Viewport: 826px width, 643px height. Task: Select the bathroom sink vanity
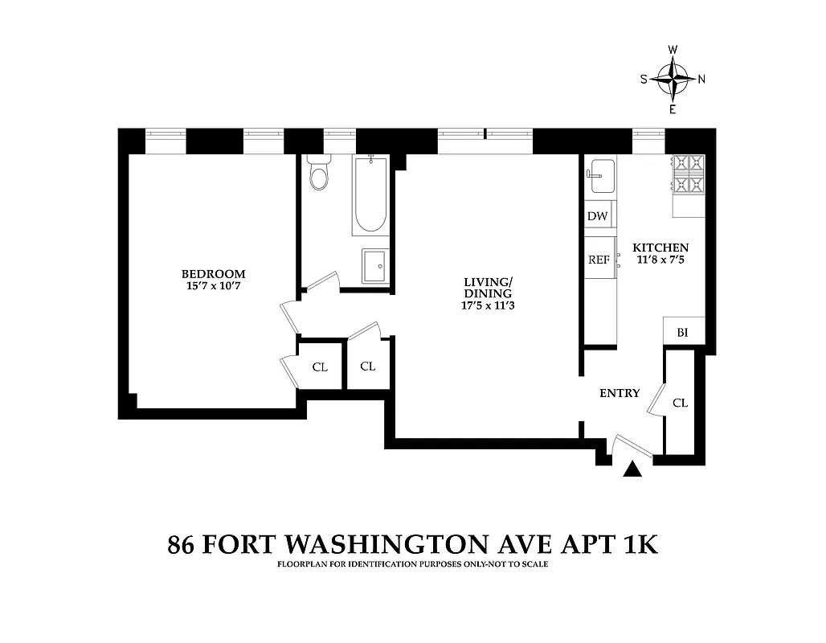coord(374,266)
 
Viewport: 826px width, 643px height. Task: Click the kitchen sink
coord(600,176)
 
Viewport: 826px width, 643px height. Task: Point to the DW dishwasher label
coord(597,216)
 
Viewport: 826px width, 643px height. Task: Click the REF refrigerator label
coord(599,260)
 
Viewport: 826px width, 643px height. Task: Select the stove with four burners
coord(689,174)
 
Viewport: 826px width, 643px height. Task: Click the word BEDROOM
coord(213,273)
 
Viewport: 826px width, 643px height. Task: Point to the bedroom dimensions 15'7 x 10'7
coord(213,285)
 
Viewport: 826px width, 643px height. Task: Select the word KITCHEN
coord(660,248)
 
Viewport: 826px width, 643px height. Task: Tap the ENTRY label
coord(620,393)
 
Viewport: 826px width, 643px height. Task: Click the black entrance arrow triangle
coord(633,470)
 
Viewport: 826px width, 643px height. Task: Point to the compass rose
coord(673,78)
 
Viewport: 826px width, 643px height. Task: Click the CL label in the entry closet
coord(680,403)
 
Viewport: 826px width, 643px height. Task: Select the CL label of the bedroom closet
coord(320,367)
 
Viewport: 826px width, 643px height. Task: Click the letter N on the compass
coord(701,79)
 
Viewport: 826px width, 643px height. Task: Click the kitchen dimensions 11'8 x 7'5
coord(660,260)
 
